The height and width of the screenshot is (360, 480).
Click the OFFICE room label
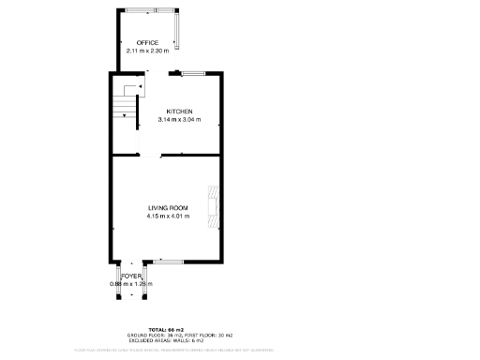147,43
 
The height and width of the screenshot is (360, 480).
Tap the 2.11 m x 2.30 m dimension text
147,51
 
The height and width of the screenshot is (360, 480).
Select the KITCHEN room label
180,112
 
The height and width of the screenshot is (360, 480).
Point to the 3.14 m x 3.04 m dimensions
180,119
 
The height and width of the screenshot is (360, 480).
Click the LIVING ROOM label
168,207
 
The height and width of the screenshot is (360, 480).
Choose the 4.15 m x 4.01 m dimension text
168,216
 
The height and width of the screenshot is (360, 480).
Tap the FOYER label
131,277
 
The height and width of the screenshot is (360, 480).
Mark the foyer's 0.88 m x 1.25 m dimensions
131,284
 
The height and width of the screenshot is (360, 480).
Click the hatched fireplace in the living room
215,207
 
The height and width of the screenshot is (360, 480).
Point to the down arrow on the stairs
138,88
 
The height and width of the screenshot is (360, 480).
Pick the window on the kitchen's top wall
194,73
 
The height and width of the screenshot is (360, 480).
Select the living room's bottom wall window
169,262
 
